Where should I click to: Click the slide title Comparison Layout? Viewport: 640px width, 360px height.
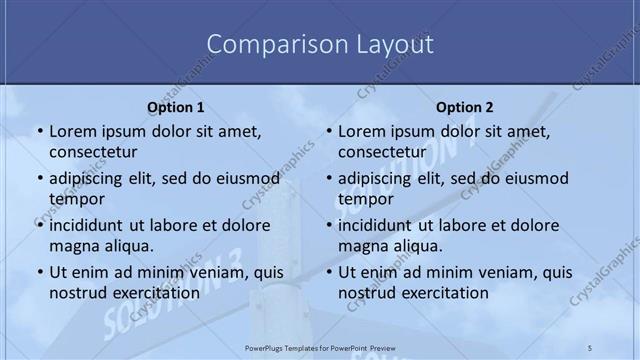point(320,45)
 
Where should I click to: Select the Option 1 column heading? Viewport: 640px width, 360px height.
point(176,107)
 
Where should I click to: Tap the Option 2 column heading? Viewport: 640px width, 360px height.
point(465,107)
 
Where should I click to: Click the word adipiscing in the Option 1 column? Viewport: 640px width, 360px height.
point(86,179)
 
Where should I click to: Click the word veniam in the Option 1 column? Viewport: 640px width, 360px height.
point(213,272)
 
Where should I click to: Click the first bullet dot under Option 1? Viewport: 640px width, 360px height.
point(39,132)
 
